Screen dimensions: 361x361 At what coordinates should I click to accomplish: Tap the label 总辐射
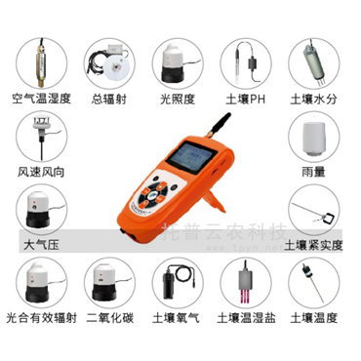(x=109, y=99)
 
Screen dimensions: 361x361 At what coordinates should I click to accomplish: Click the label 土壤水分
(x=316, y=99)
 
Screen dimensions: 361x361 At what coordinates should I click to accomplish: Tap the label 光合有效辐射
(x=39, y=318)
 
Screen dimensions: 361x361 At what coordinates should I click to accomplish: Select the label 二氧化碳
(x=109, y=318)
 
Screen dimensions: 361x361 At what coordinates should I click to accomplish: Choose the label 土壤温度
(x=316, y=318)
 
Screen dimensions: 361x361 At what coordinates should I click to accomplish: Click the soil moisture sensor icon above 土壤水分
(x=316, y=60)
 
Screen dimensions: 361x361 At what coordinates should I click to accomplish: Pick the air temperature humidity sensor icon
(x=40, y=60)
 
